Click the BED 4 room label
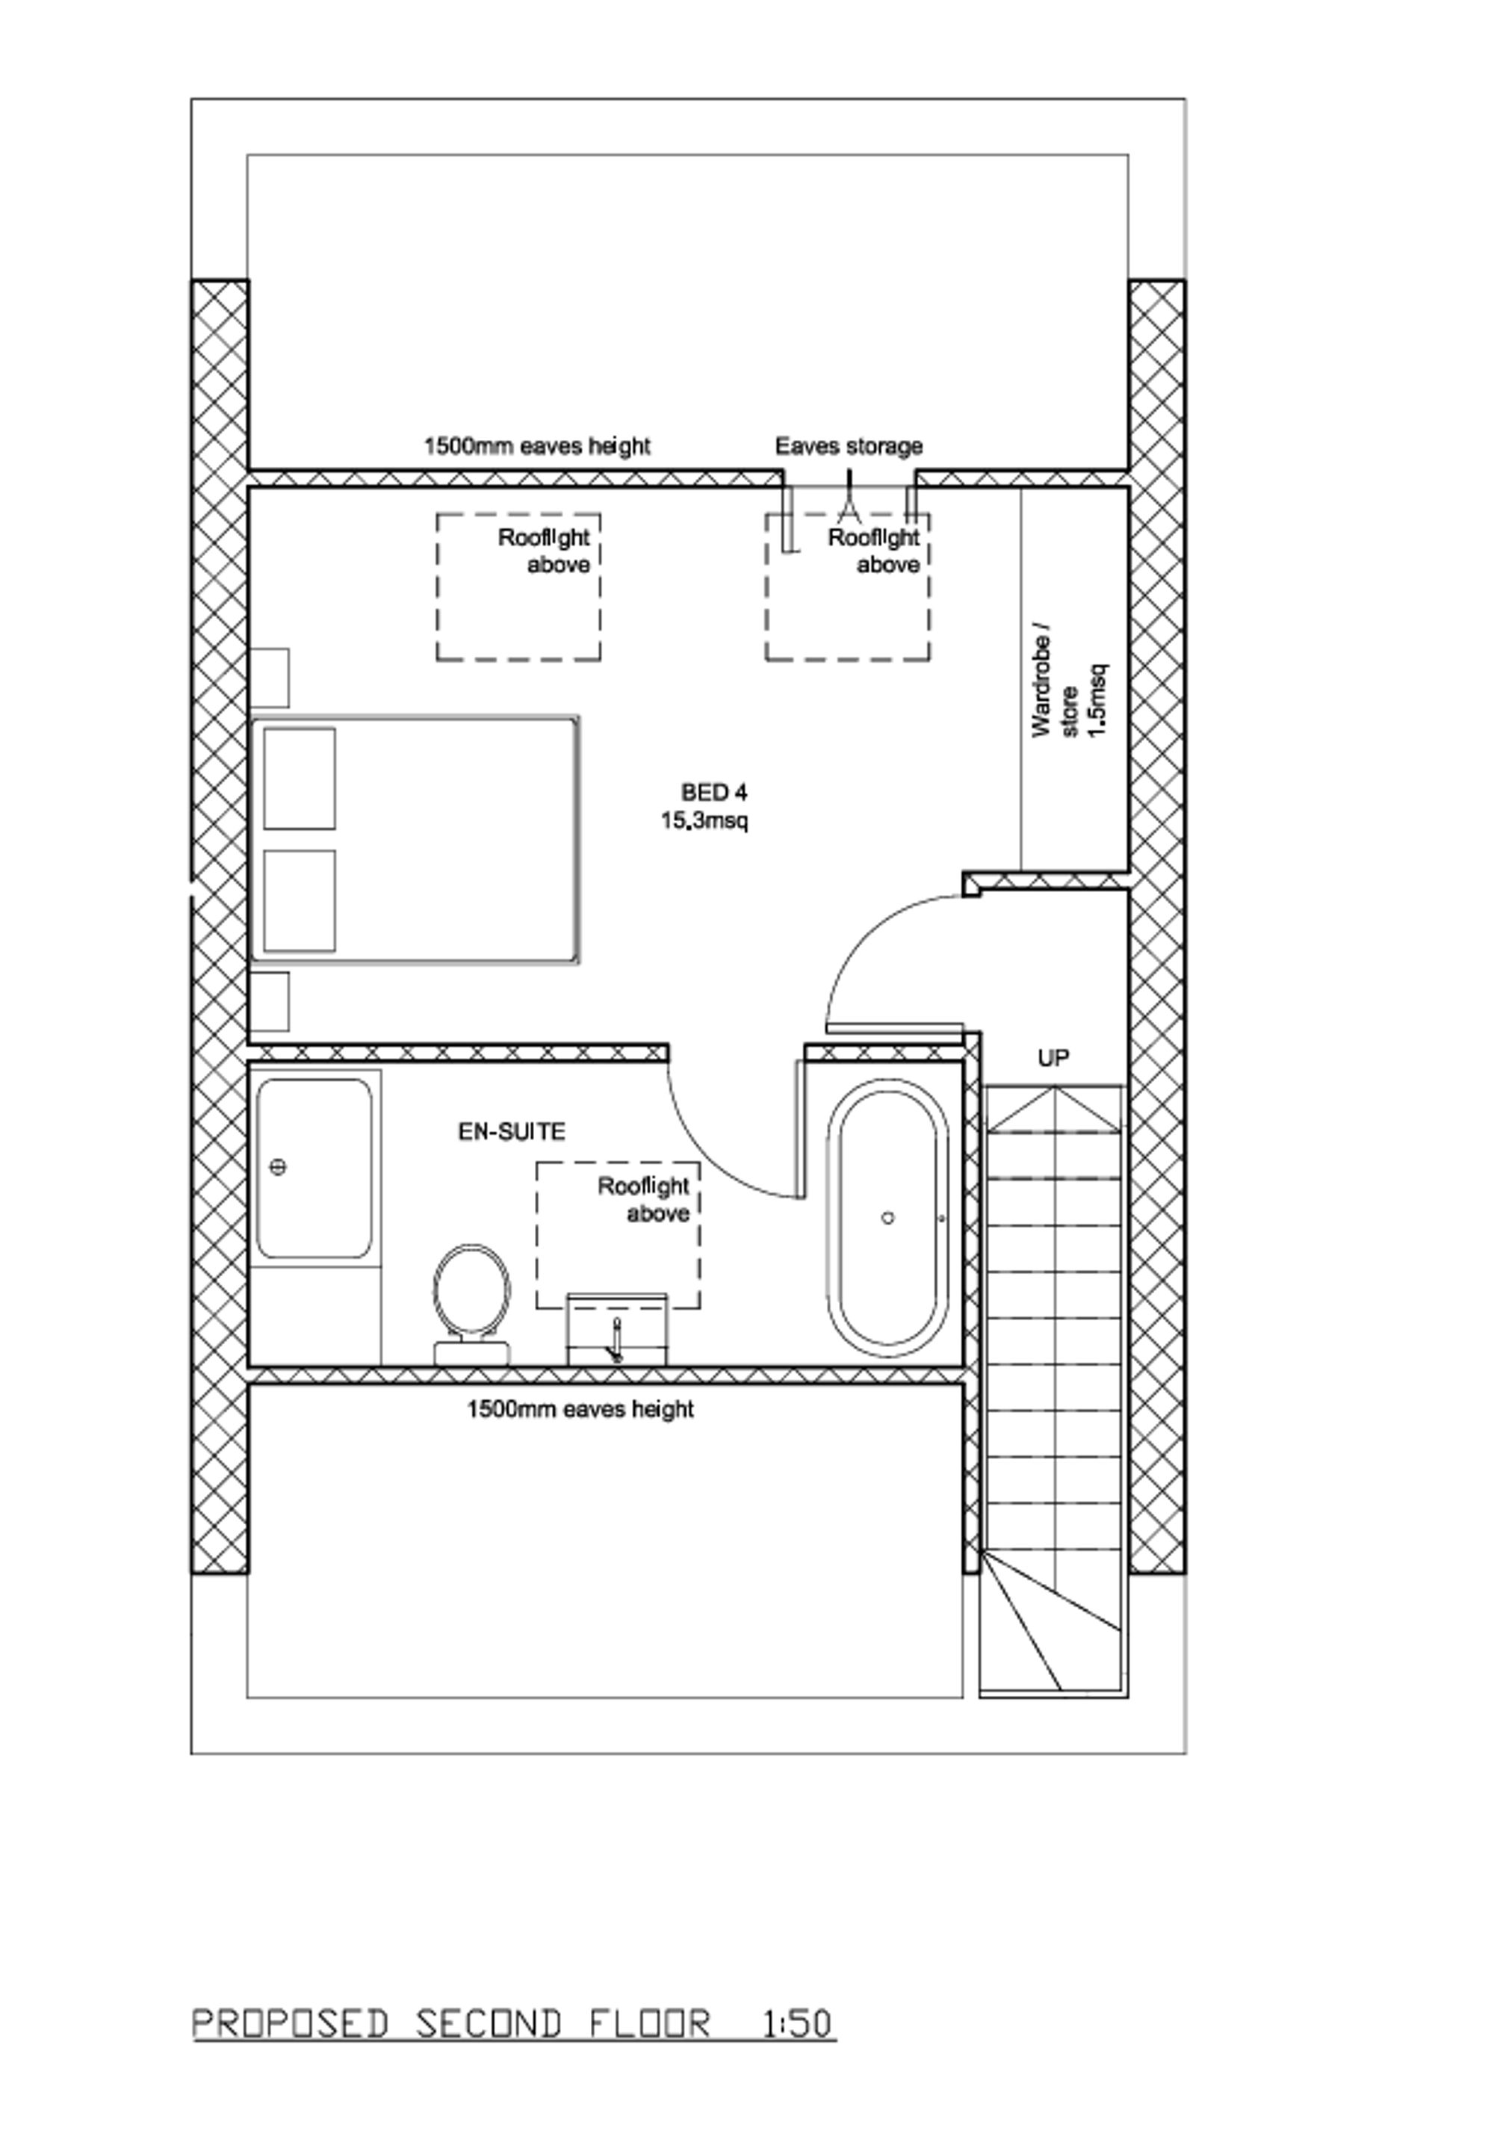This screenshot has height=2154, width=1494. (714, 793)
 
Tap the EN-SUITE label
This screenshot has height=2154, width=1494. (511, 1132)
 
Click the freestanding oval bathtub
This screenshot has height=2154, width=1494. (887, 1218)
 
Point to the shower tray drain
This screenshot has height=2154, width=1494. (277, 1166)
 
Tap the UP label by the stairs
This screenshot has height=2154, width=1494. (1053, 1059)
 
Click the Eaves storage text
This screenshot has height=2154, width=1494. (848, 447)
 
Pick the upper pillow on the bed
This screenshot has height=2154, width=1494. (300, 779)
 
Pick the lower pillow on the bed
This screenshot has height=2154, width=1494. (300, 900)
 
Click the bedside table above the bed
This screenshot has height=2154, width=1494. (269, 678)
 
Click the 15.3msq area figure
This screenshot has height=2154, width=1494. (704, 822)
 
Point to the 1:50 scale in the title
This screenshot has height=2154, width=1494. (796, 2024)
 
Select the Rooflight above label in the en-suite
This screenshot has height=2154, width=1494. (643, 1200)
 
